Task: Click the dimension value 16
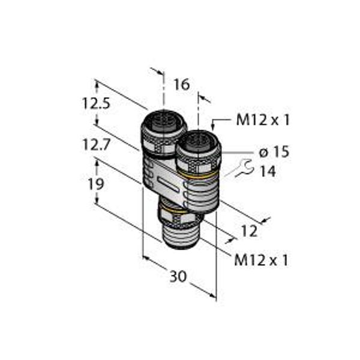click(x=182, y=84)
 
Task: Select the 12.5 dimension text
click(x=96, y=103)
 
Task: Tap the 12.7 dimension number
click(x=96, y=145)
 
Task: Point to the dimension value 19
click(x=96, y=184)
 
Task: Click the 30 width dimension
click(x=178, y=277)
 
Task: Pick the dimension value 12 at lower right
click(x=250, y=231)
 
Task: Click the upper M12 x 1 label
click(x=263, y=120)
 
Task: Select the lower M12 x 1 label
click(x=261, y=260)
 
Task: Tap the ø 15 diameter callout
click(x=274, y=152)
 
